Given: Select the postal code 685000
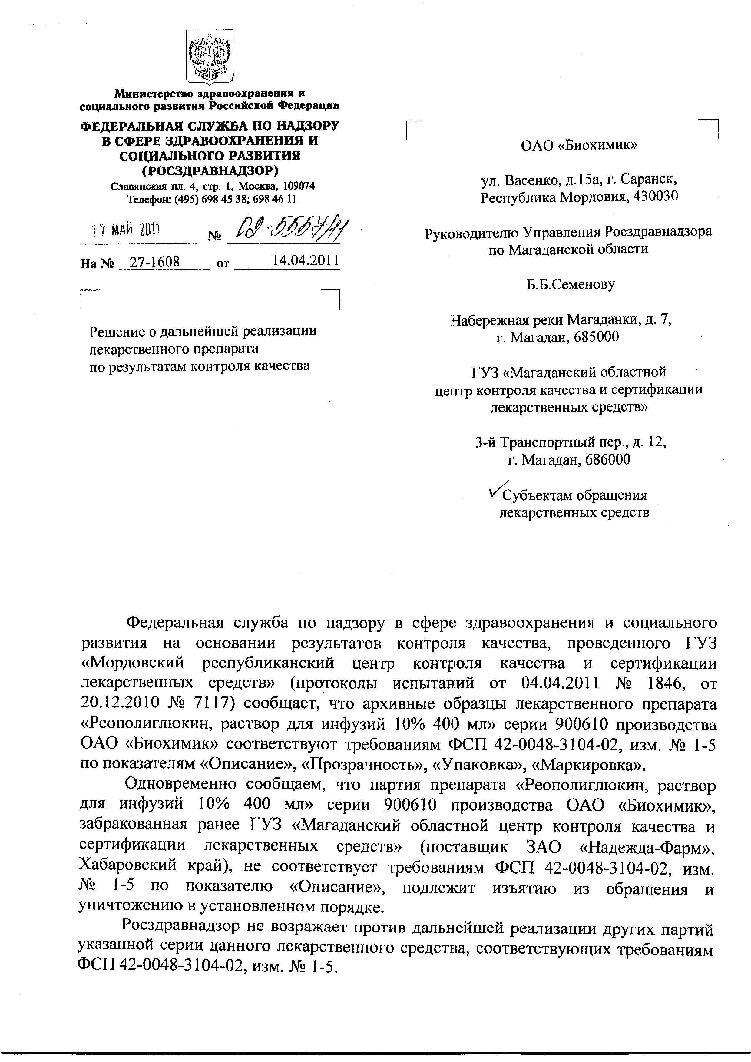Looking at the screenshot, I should point(596,337).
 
